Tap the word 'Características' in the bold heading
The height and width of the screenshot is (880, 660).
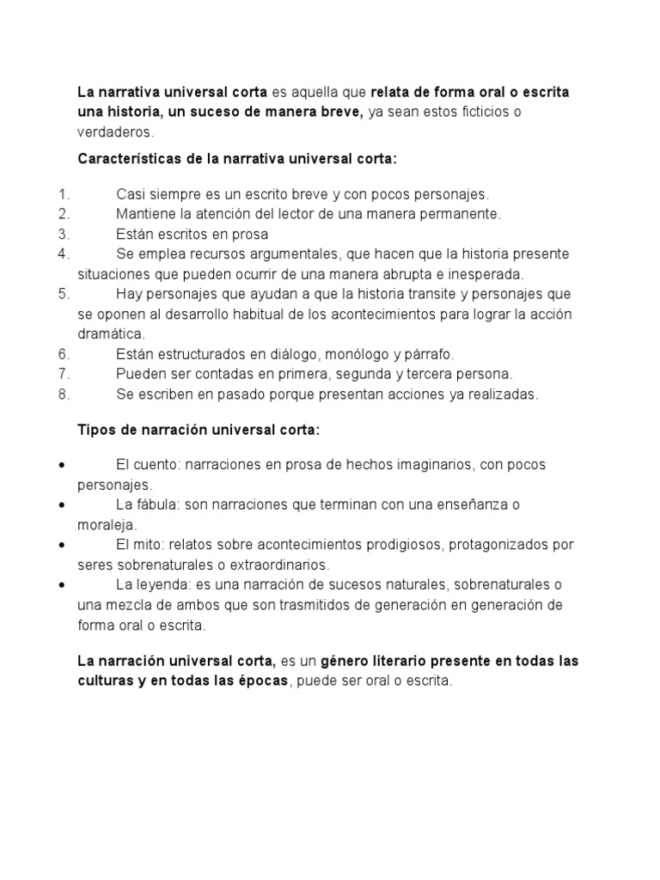click(125, 159)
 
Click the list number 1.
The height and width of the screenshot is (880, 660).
click(63, 194)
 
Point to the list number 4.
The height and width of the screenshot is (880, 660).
click(63, 254)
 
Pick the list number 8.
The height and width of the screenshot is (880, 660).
click(63, 394)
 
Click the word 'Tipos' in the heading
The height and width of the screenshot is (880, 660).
click(95, 429)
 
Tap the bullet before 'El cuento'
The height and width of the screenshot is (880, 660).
click(64, 465)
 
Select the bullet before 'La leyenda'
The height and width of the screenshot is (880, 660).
click(64, 585)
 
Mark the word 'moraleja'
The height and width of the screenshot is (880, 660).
click(107, 524)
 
